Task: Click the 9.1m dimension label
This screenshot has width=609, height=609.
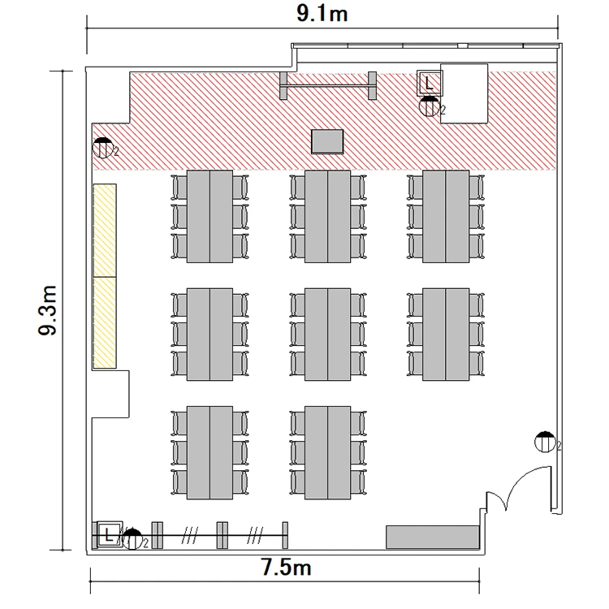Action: pos(322,14)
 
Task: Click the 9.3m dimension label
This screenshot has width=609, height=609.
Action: pos(48,310)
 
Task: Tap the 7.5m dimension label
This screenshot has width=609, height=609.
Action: pos(286,567)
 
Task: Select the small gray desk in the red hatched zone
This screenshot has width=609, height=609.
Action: pos(327,141)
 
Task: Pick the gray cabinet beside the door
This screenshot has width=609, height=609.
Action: pos(432,538)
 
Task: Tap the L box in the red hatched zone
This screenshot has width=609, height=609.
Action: pos(430,83)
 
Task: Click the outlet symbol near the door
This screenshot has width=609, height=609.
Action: pos(545,442)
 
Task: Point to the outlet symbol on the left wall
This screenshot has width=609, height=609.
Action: pos(103,148)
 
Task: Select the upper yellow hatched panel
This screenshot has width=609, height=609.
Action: pos(105,231)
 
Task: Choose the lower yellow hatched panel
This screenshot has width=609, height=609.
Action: pos(105,322)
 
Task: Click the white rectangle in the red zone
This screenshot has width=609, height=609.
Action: pos(464,93)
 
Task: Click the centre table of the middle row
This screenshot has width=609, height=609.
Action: pos(328,335)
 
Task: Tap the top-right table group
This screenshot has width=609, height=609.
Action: pos(446,216)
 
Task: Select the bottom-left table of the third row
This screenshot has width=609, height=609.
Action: pos(209,452)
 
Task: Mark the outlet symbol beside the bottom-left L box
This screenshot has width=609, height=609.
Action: pos(132,539)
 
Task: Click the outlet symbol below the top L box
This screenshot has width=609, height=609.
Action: pos(430,106)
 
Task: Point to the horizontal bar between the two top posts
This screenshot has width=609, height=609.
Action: pos(328,85)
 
